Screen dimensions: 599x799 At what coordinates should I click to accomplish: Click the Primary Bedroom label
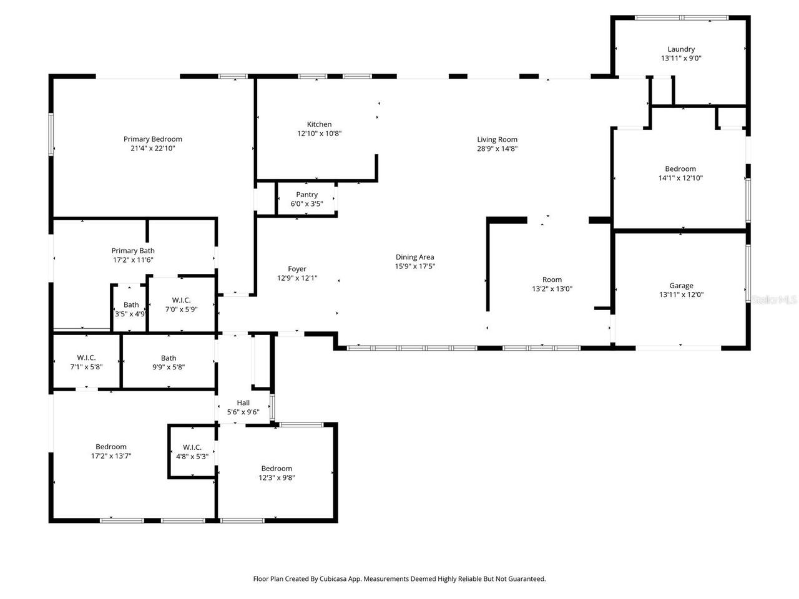(152, 139)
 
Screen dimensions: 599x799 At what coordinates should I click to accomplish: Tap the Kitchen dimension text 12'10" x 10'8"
(319, 134)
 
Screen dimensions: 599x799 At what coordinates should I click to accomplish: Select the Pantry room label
(306, 195)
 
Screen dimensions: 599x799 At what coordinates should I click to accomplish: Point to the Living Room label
(497, 140)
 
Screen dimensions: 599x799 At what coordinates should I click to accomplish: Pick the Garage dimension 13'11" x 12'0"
(681, 295)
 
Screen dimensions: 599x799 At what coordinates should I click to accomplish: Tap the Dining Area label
(414, 257)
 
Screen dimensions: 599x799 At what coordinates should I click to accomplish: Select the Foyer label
(297, 270)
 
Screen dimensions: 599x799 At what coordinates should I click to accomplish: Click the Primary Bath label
(133, 251)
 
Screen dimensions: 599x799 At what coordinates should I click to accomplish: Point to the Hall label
(243, 403)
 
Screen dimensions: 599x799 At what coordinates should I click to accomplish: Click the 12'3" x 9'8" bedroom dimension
(277, 478)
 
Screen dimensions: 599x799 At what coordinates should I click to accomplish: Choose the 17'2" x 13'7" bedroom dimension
(111, 456)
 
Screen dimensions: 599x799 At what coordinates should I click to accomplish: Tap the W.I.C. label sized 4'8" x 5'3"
(192, 447)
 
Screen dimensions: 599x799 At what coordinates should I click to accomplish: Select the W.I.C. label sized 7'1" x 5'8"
(86, 358)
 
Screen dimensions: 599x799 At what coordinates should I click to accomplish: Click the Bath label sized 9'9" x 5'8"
(169, 358)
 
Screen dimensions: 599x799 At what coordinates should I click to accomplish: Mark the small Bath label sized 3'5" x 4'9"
(131, 305)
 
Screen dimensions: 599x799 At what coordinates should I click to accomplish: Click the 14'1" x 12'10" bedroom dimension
(680, 178)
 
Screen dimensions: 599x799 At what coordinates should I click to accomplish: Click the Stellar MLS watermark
(774, 300)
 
